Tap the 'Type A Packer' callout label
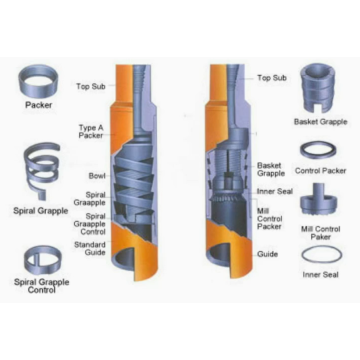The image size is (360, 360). tap(93, 131)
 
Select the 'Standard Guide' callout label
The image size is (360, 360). tap(90, 247)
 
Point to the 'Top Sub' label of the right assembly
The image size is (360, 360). tap(271, 77)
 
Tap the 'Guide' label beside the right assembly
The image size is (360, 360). tap(267, 254)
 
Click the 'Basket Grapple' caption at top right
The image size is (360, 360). tap(319, 122)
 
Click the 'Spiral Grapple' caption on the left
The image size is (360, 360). tap(41, 210)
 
